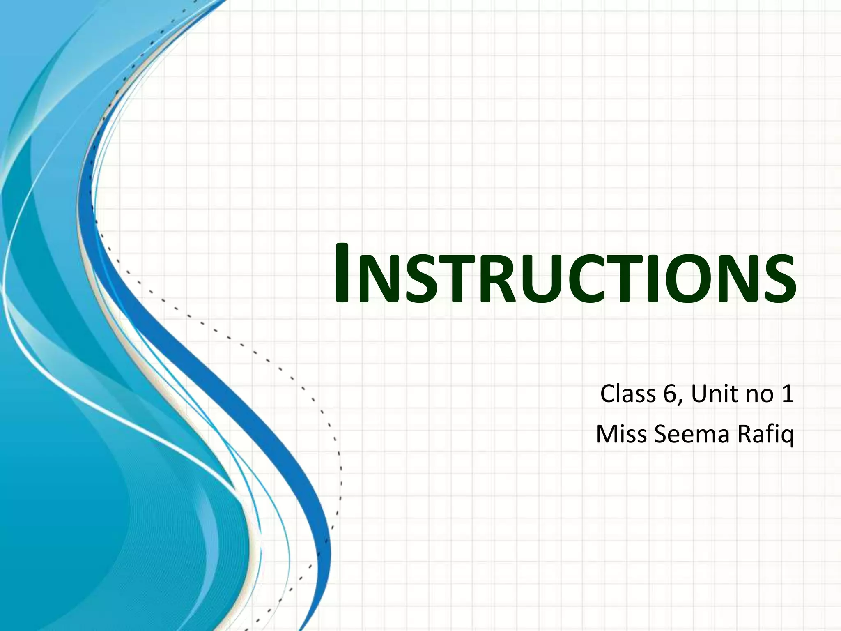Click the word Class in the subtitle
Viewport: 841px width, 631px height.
click(x=628, y=394)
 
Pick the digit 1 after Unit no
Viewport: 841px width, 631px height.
click(x=788, y=394)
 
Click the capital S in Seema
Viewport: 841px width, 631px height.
click(x=662, y=434)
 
